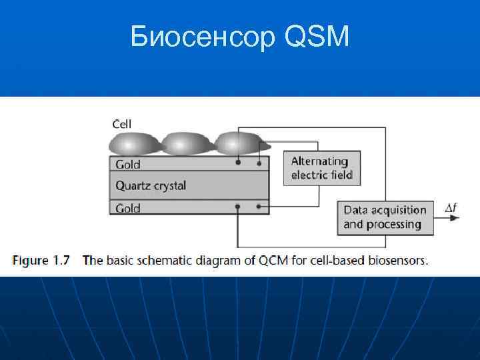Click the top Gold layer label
coord(128,164)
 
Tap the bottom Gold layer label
coord(128,208)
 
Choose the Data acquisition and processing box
coord(385,217)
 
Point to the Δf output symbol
coord(451,209)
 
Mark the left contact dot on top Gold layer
coord(237,163)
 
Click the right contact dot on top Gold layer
coord(259,163)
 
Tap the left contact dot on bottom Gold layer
coord(237,207)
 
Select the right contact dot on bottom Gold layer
coord(259,207)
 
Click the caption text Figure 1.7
coord(41,261)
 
